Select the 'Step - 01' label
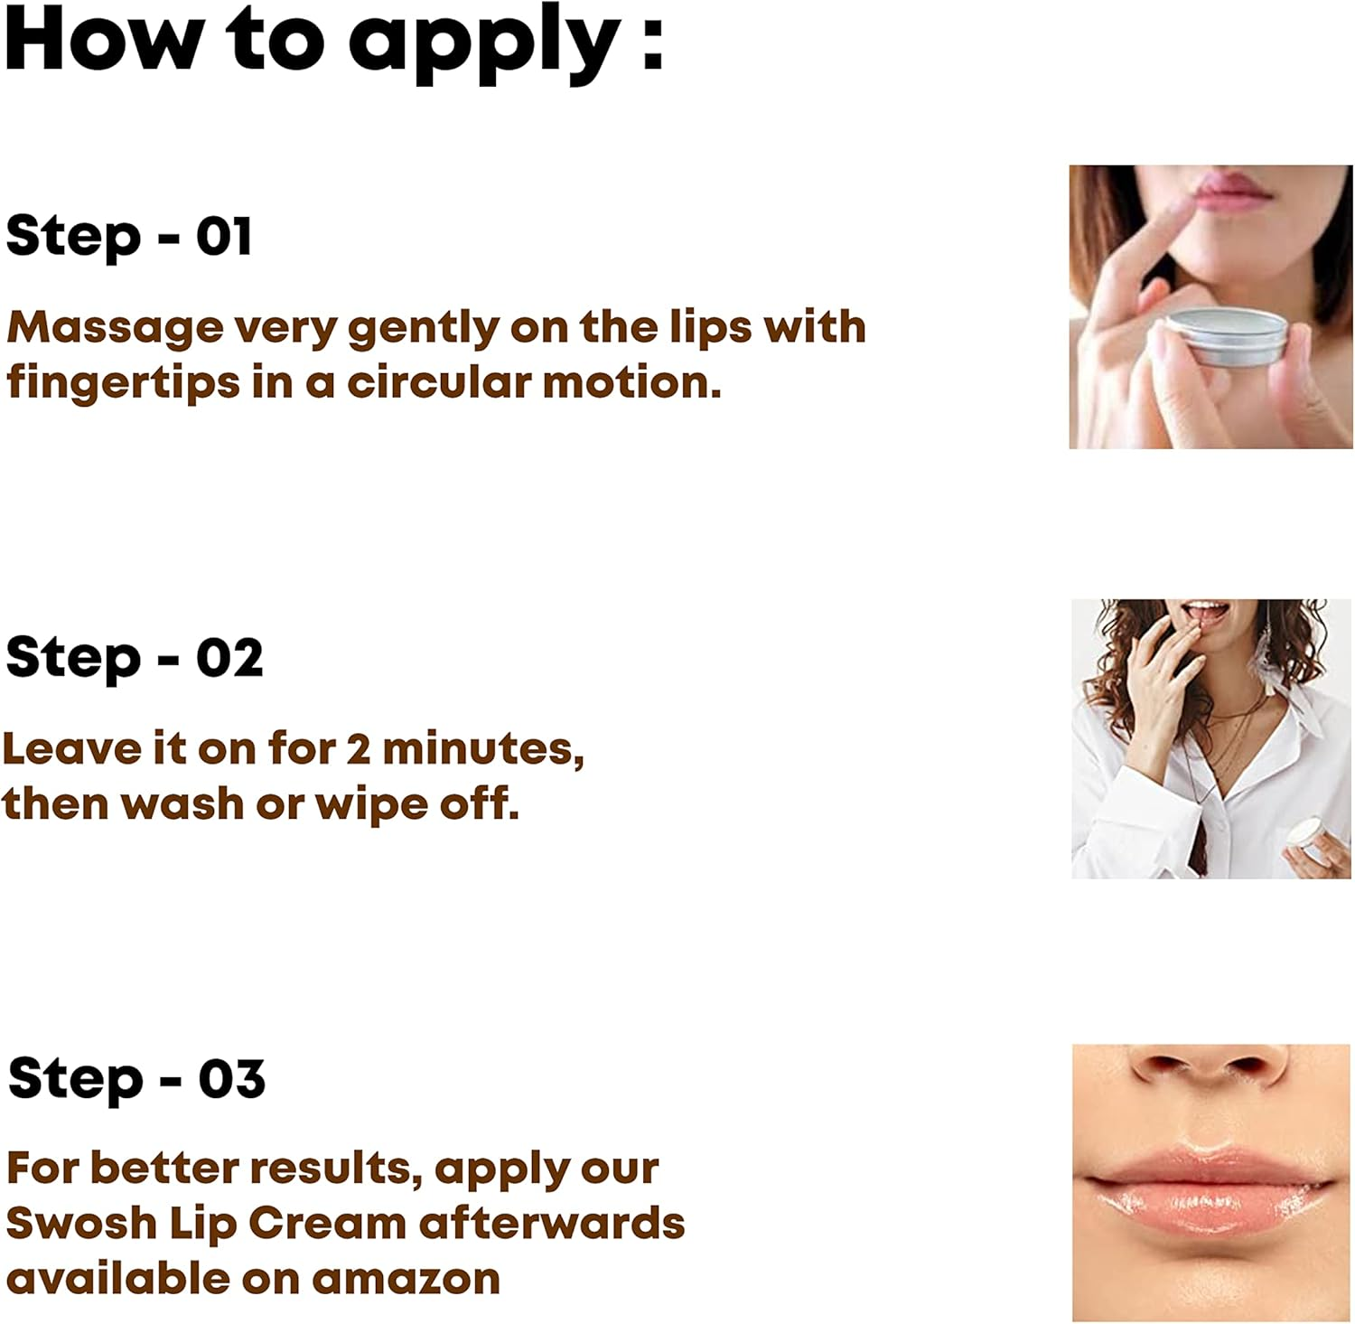point(128,237)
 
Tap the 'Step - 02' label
point(134,658)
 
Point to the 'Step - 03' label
point(135,1079)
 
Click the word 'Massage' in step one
point(115,327)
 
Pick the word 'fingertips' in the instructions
point(123,383)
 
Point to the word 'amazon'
point(406,1279)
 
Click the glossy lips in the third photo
point(1206,1184)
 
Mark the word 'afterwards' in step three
point(551,1224)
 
